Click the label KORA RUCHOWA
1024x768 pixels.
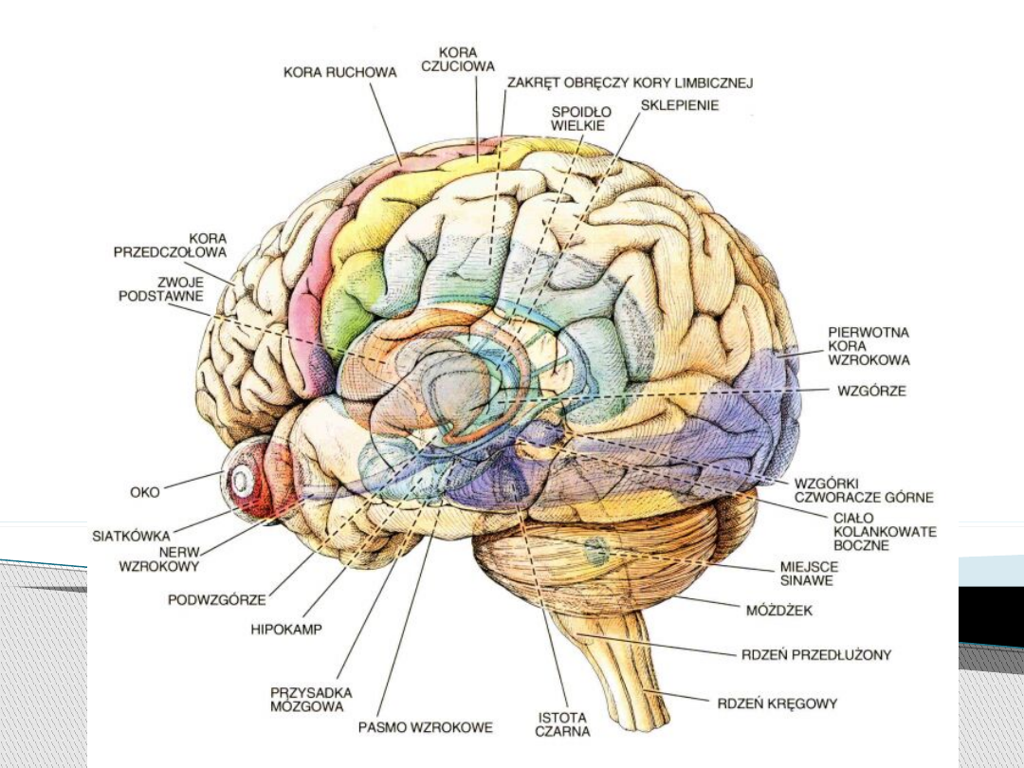point(326,71)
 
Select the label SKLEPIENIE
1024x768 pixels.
point(680,105)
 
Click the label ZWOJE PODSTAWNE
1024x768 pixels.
point(161,288)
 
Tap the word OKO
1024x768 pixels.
point(145,492)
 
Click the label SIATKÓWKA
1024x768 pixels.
point(132,535)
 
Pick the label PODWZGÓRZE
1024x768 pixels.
point(217,599)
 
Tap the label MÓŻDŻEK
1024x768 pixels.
point(773,610)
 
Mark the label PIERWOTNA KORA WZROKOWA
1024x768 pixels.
point(869,346)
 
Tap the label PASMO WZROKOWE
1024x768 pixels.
point(426,728)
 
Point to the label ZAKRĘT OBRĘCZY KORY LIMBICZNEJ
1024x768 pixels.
point(630,82)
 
